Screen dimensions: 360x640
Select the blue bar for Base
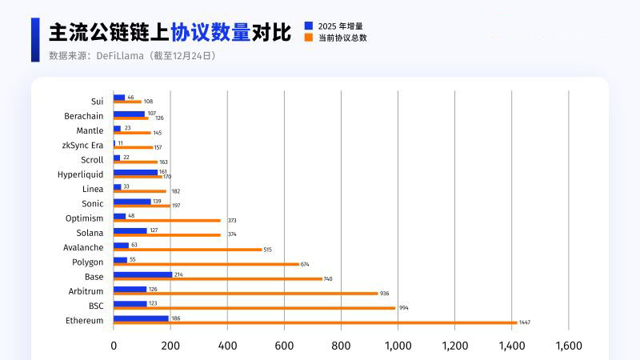pos(142,274)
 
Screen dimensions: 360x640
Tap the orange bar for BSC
pos(254,308)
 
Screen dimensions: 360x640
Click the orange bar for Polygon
pos(206,264)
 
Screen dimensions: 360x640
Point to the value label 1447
pos(525,322)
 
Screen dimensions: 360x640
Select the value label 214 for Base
pos(178,274)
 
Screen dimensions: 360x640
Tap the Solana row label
pos(89,233)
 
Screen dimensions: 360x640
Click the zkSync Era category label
pos(82,145)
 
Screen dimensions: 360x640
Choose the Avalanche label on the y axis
pos(83,247)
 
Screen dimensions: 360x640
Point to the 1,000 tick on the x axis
pos(398,346)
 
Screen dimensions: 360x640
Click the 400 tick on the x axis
pos(227,346)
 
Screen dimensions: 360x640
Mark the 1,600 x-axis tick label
pos(568,346)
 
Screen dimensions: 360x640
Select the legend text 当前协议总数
pos(343,38)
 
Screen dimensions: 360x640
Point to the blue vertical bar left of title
pos(35,39)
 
